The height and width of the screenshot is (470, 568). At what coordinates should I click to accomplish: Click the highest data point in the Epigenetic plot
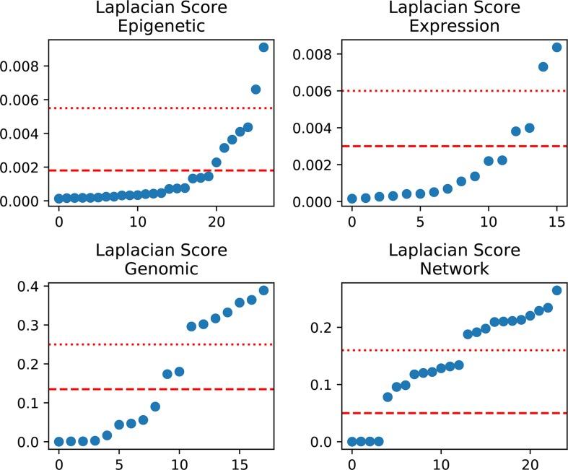(x=263, y=47)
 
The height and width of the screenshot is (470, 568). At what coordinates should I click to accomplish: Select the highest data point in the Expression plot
(x=556, y=48)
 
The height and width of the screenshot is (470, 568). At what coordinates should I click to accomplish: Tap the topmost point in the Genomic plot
(x=263, y=290)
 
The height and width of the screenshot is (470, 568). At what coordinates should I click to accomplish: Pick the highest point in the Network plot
(x=556, y=290)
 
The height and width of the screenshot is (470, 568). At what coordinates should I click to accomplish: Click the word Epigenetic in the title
(x=161, y=27)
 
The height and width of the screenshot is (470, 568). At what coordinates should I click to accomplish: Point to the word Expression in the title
(x=454, y=27)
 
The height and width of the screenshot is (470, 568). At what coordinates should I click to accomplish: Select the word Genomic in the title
(x=161, y=269)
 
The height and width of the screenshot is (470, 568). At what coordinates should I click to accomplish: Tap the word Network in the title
(x=454, y=269)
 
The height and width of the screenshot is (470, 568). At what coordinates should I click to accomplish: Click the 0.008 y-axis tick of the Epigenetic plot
(x=20, y=66)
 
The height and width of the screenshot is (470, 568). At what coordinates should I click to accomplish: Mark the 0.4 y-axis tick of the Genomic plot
(x=29, y=287)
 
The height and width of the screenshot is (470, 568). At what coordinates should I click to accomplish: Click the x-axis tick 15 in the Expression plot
(x=556, y=219)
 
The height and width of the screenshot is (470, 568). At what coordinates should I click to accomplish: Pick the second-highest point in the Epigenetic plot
(x=255, y=90)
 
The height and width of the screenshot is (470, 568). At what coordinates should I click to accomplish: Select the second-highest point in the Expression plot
(x=543, y=67)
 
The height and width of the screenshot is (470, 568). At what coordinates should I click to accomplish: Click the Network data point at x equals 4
(x=388, y=397)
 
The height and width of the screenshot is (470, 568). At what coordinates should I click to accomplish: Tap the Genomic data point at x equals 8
(x=154, y=406)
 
